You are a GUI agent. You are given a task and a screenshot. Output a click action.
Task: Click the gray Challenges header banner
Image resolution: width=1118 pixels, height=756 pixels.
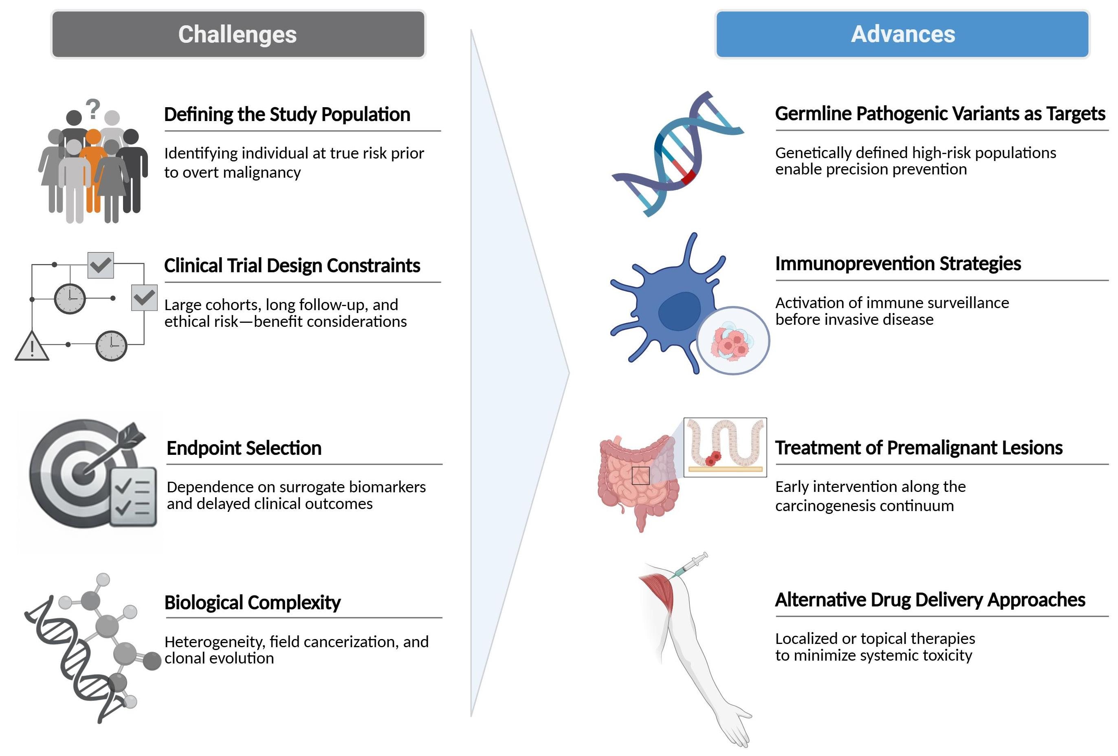pos(238,34)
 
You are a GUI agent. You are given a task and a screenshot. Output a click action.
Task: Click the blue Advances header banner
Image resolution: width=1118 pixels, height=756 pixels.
pos(902,34)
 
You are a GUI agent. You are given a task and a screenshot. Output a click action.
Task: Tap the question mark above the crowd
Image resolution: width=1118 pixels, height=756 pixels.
pos(93,108)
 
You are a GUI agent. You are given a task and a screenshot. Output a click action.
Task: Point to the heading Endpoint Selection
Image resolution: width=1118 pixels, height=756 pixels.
pos(244,448)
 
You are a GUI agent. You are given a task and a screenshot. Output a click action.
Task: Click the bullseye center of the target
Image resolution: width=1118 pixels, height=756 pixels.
pos(83,473)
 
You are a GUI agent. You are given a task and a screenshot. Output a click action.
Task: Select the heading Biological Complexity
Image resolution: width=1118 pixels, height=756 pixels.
pos(252,602)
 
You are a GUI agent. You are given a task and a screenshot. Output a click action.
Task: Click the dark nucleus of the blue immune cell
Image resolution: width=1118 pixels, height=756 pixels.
pos(679,311)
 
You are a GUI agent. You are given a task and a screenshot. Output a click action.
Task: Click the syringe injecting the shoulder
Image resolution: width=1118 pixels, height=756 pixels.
pos(691,564)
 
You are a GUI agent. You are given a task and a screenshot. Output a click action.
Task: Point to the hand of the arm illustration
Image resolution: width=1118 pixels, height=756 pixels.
pos(736,727)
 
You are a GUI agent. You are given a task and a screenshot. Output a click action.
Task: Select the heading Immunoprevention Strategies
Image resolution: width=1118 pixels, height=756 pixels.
pos(898,264)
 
